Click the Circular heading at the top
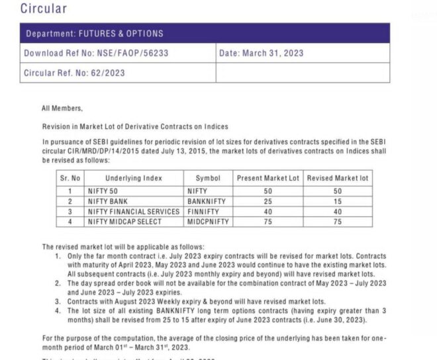(x=43, y=9)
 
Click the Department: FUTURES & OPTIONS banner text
(x=94, y=34)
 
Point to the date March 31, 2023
(x=262, y=54)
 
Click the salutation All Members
(x=62, y=109)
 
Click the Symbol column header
(x=208, y=179)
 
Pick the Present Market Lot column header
(x=268, y=179)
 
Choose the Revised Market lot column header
(x=338, y=179)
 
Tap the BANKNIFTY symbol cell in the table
(x=207, y=201)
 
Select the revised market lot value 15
(x=338, y=201)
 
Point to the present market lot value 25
(x=268, y=201)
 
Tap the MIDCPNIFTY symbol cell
(x=208, y=222)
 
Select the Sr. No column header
(x=70, y=179)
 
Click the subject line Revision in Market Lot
(x=135, y=126)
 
